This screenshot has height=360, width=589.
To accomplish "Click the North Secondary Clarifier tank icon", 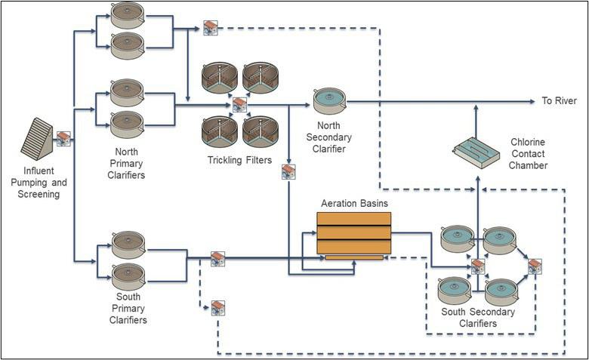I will tap(328, 100).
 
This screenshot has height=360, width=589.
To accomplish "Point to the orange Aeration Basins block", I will tap(353, 233).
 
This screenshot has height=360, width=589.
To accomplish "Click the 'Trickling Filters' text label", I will tap(239, 160).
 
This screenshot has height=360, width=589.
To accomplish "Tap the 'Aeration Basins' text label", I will tap(353, 205).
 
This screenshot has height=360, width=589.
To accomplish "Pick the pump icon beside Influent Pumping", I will tap(64, 138).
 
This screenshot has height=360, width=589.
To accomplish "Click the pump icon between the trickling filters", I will tap(239, 103).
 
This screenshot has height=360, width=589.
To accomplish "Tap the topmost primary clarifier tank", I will tap(127, 16).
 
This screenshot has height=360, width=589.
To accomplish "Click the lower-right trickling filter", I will tap(261, 130).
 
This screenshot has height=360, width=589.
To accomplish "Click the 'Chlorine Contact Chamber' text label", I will tap(528, 153).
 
